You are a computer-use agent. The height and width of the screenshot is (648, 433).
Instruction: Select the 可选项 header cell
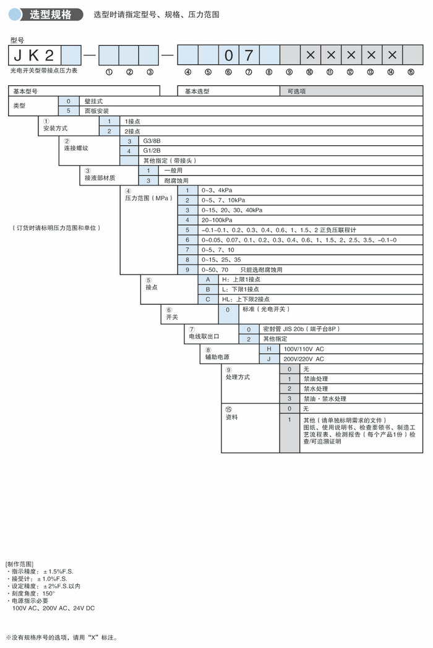pos(297,91)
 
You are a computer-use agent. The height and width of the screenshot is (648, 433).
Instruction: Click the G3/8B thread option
pos(152,141)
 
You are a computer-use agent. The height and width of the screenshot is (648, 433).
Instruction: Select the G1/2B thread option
pos(152,151)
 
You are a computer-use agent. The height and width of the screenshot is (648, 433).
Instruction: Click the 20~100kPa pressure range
pos(216,220)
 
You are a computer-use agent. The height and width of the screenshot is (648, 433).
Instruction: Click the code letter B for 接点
pos(208,289)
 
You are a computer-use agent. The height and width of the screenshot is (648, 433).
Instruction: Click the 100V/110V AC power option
pos(303,349)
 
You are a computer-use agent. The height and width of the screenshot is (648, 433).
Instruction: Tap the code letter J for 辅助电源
pos(269,359)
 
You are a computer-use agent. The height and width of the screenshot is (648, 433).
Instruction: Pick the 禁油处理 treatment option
pos(315,378)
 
